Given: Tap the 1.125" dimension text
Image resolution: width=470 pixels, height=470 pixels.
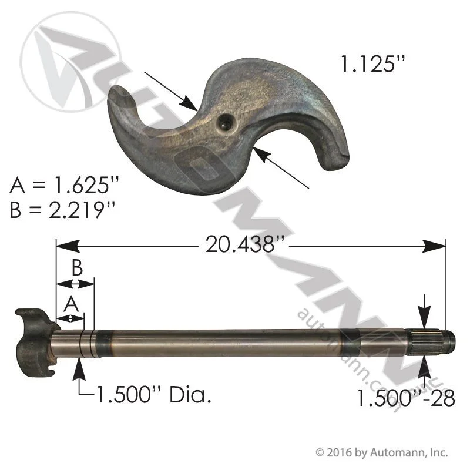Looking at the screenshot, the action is point(374,64).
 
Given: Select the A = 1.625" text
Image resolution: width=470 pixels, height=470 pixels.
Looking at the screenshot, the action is point(65,185).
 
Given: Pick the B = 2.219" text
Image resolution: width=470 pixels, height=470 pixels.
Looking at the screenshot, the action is point(62,210).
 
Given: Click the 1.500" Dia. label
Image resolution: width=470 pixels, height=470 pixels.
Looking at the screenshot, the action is point(153,395).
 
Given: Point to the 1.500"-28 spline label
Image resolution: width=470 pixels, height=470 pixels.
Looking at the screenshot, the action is point(406,398).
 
